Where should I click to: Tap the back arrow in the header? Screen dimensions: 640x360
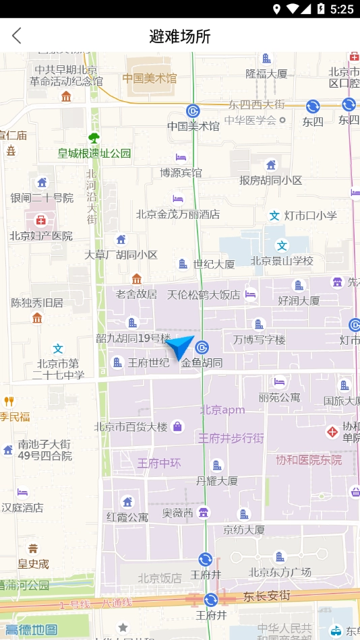click(17, 36)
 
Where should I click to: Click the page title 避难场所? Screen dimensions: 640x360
click(180, 36)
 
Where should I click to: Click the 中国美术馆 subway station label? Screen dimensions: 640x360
click(193, 126)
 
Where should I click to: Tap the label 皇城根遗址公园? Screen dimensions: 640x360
click(94, 154)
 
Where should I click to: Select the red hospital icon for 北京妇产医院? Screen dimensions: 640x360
click(40, 220)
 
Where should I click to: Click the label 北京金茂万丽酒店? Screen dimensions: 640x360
click(178, 214)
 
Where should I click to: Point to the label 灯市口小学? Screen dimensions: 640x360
click(310, 216)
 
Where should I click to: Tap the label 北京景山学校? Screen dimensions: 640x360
click(282, 261)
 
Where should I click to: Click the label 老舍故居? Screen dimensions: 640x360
click(136, 294)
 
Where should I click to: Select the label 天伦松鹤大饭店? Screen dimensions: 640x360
click(204, 294)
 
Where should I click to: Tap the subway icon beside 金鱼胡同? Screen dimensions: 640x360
click(202, 348)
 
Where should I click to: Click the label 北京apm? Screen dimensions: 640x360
click(222, 410)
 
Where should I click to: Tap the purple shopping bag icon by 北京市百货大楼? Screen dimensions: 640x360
click(177, 426)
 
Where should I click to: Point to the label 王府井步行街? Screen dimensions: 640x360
click(231, 438)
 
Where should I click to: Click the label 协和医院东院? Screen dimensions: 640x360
click(309, 460)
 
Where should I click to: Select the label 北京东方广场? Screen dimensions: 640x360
click(280, 572)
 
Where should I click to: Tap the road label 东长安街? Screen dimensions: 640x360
click(266, 596)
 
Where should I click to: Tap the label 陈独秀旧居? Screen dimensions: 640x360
click(37, 302)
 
